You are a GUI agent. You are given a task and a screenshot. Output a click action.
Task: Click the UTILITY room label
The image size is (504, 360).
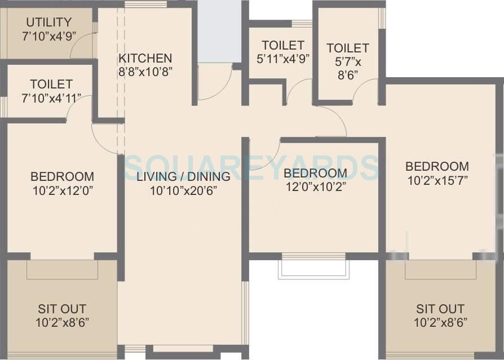click(49, 23)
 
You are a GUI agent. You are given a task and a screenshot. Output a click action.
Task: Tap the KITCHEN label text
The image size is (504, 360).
click(145, 59)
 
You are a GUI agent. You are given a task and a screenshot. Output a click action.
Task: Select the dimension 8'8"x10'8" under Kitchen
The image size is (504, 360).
click(145, 72)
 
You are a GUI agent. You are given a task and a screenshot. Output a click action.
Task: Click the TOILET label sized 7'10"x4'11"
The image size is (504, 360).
click(51, 84)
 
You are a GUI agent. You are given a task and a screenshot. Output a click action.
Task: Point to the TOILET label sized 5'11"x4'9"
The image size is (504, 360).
click(284, 45)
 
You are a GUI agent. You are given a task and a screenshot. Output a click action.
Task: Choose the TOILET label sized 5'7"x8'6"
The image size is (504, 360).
click(348, 48)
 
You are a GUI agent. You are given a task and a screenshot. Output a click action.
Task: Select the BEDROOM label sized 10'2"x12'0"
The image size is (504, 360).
click(62, 176)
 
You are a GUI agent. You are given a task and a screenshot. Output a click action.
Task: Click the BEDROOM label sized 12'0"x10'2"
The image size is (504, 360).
click(315, 173)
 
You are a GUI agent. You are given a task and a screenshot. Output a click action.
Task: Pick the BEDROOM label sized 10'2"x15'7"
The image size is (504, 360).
click(437, 166)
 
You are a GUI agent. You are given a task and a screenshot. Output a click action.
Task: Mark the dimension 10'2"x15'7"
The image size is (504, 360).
click(437, 180)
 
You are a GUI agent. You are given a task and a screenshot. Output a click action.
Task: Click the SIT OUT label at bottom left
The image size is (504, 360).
click(62, 309)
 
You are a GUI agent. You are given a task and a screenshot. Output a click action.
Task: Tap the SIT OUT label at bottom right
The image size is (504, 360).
click(440, 309)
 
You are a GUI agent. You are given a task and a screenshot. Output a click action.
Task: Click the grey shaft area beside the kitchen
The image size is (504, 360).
click(219, 31)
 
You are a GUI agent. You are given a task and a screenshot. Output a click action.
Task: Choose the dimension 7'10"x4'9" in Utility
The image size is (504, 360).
click(49, 36)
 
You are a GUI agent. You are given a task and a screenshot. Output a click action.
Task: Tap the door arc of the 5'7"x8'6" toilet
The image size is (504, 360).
click(366, 90)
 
